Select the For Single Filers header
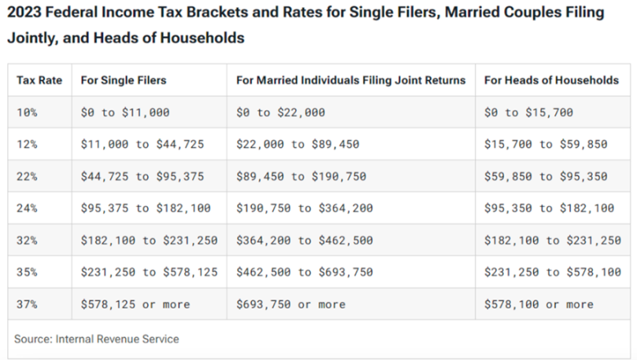pyautogui.click(x=123, y=80)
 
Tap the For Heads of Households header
pyautogui.click(x=551, y=80)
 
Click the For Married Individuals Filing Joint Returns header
pyautogui.click(x=351, y=80)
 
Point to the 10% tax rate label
pyautogui.click(x=27, y=113)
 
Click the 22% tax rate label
pyautogui.click(x=27, y=176)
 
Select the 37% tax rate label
pyautogui.click(x=27, y=304)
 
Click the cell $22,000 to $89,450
pyautogui.click(x=303, y=144)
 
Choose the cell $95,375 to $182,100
pyautogui.click(x=146, y=208)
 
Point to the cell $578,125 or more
pyautogui.click(x=135, y=304)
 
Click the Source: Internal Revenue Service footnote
pyautogui.click(x=96, y=338)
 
